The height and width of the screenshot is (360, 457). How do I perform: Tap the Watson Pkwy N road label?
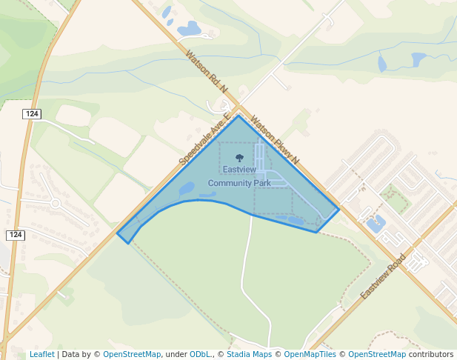pyautogui.click(x=275, y=139)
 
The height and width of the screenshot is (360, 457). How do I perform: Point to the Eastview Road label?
pyautogui.click(x=383, y=276)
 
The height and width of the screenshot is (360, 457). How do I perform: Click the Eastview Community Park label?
pyautogui.click(x=239, y=176)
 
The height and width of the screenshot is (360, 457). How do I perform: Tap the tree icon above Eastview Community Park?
pyautogui.click(x=239, y=158)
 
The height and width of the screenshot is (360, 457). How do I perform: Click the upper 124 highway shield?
pyautogui.click(x=31, y=113)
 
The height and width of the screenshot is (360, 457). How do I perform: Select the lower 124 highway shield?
pyautogui.click(x=16, y=235)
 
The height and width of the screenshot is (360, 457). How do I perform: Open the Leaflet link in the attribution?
pyautogui.click(x=41, y=354)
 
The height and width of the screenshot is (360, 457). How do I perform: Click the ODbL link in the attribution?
pyautogui.click(x=200, y=354)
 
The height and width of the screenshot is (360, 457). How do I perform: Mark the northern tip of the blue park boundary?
pyautogui.click(x=238, y=116)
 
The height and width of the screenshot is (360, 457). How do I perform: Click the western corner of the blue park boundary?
pyautogui.click(x=118, y=235)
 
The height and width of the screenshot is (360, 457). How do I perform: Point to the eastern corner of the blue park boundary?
pyautogui.click(x=338, y=209)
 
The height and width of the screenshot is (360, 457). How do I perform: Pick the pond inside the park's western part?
pyautogui.click(x=187, y=188)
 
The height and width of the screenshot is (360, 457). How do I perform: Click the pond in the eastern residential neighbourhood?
pyautogui.click(x=376, y=224)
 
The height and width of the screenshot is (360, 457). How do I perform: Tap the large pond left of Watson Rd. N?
pyautogui.click(x=189, y=29)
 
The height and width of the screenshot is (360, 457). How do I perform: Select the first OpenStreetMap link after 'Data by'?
pyautogui.click(x=132, y=354)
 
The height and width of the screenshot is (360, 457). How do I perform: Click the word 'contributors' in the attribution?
pyautogui.click(x=430, y=354)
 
